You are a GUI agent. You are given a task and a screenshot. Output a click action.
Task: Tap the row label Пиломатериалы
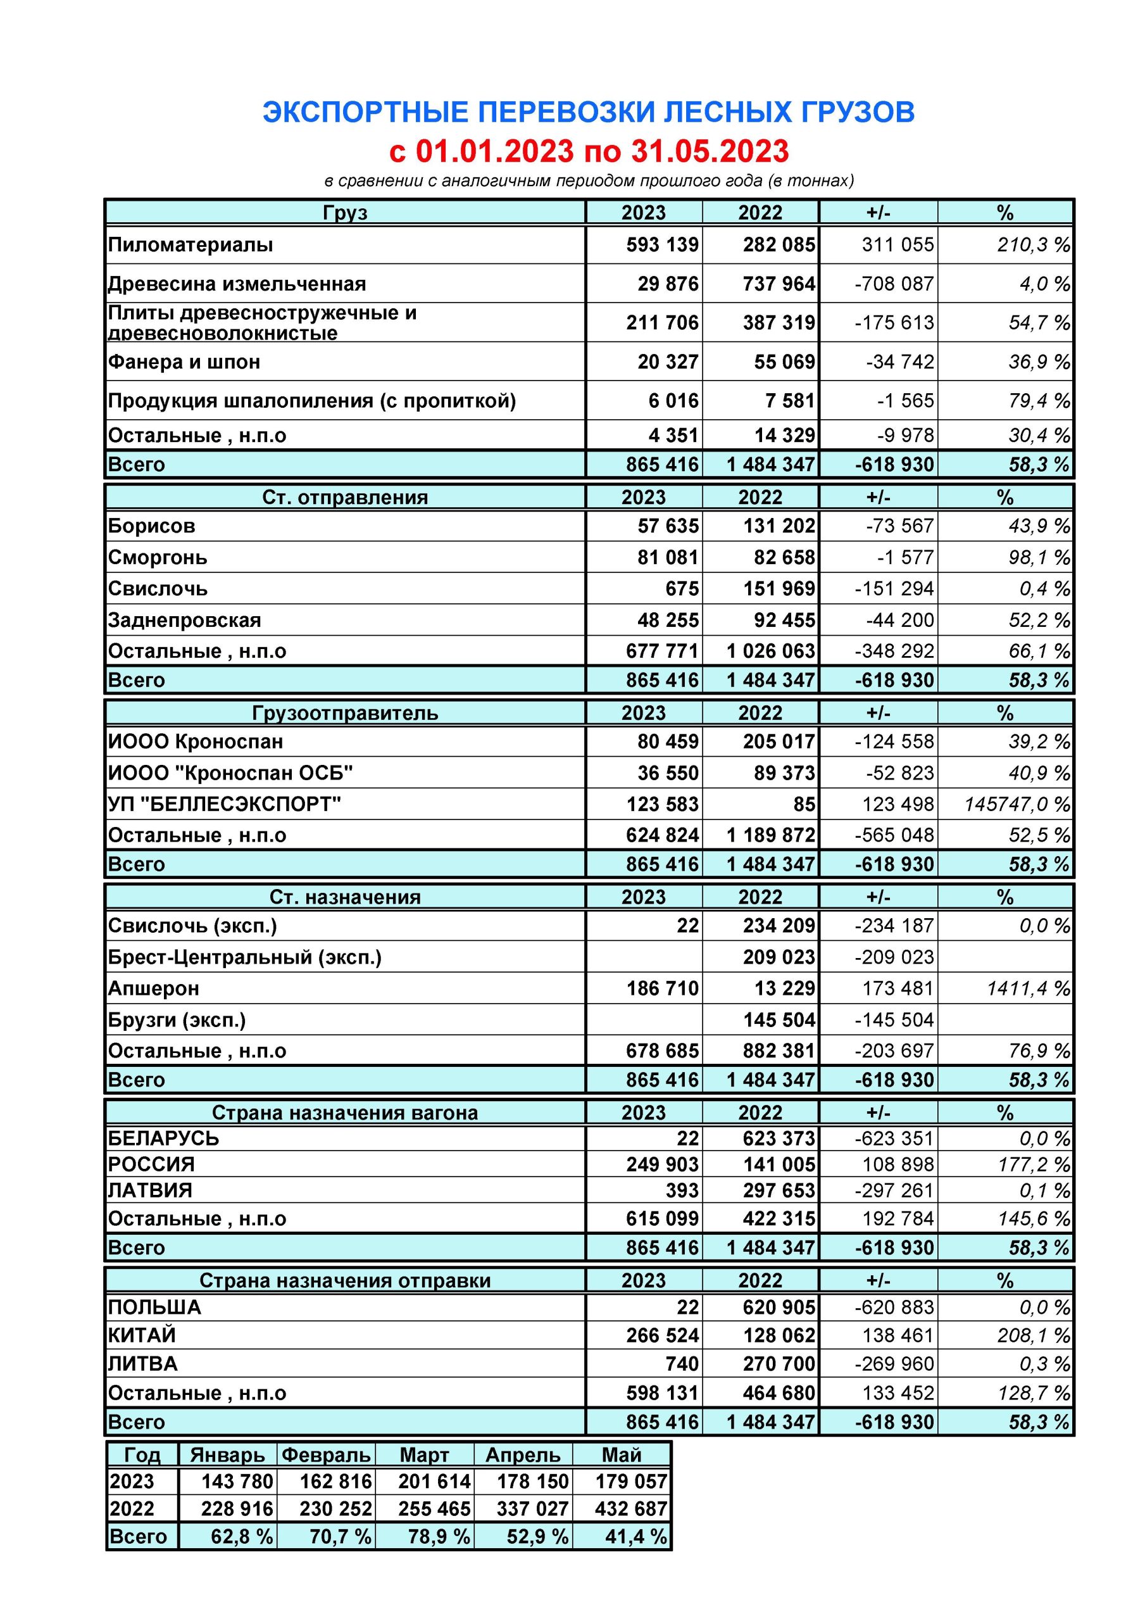(190, 245)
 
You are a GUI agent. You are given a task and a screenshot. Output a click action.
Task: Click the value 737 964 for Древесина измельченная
(779, 284)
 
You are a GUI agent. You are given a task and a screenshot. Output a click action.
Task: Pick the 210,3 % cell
(1033, 245)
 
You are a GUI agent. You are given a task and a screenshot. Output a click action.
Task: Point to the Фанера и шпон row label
(184, 362)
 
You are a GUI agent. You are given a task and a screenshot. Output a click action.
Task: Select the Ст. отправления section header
(344, 498)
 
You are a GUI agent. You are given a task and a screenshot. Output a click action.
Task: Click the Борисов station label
(151, 526)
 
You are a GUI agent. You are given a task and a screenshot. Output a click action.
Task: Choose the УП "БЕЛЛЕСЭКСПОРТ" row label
(224, 804)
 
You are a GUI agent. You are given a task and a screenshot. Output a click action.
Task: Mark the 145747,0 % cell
(1017, 804)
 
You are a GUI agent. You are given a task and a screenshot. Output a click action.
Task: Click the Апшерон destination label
(153, 988)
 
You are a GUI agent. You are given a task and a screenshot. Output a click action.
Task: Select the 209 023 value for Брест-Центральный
(779, 957)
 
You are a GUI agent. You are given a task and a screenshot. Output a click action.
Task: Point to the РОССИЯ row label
(151, 1164)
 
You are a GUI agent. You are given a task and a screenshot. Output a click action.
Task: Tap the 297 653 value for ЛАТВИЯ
(779, 1190)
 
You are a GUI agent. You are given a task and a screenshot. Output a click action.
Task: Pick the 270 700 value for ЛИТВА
(779, 1363)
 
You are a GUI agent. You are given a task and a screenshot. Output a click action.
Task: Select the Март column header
(424, 1455)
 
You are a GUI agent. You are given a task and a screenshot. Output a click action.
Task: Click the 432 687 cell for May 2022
(631, 1509)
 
